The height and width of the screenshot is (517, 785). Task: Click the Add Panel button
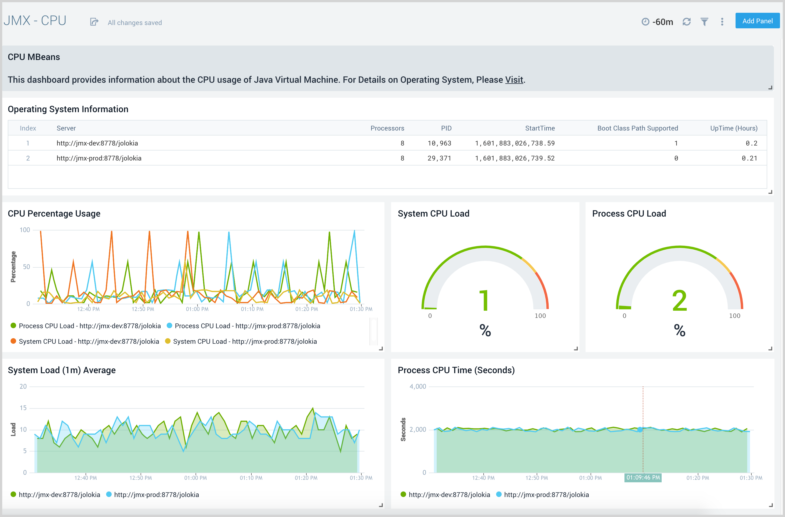[757, 21]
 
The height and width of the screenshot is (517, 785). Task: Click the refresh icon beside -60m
[686, 22]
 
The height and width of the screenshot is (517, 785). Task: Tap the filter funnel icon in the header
[704, 22]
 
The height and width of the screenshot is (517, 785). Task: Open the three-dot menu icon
[722, 22]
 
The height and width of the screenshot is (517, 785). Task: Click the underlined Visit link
[514, 80]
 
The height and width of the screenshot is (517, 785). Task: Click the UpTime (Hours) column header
[734, 128]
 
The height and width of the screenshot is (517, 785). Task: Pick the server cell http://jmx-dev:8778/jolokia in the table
[97, 143]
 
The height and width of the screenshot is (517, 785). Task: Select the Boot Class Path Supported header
[637, 128]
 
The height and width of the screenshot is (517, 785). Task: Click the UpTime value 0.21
[749, 158]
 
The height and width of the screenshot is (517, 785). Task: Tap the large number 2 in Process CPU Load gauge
[679, 300]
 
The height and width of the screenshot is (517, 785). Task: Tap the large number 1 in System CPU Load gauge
[484, 300]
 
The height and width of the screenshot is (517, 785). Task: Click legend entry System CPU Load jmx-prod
[244, 342]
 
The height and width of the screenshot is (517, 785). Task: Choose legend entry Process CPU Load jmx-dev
[89, 326]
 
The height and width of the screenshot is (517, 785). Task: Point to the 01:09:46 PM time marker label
[643, 478]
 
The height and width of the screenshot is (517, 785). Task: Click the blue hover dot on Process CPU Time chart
[640, 430]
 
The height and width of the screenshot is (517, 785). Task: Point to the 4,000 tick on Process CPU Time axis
[417, 387]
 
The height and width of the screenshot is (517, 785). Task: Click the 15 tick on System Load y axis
[23, 408]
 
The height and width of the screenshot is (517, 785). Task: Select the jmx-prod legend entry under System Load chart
[156, 495]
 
